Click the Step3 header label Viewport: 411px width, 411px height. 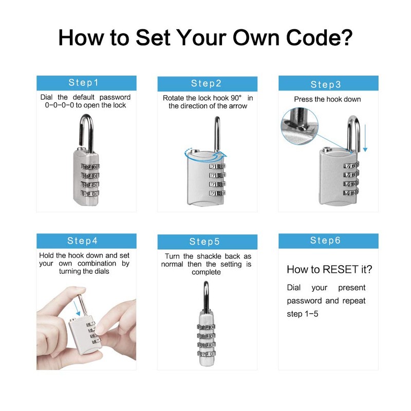point(326,84)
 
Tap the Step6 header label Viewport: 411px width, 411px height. point(326,240)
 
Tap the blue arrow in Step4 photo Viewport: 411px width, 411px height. point(78,308)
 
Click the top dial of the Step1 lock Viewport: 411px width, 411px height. point(90,167)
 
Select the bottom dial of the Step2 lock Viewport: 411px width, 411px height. point(216,193)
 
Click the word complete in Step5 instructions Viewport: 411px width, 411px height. point(206,272)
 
